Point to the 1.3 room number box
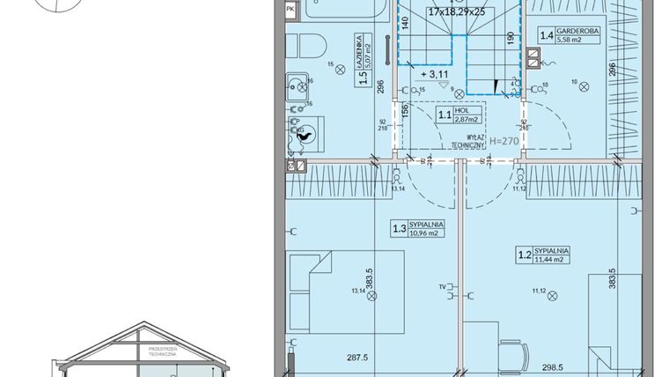coord(399,230)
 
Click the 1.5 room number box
coord(361,77)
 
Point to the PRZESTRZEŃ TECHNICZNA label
coord(164,351)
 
